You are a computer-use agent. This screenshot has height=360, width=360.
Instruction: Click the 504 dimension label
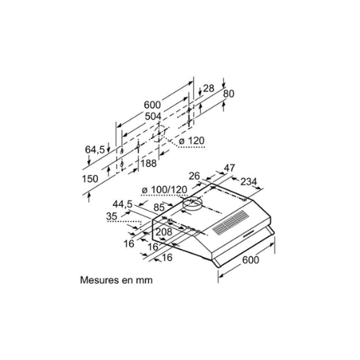[153, 116]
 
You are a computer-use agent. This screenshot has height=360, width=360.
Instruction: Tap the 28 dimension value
[209, 89]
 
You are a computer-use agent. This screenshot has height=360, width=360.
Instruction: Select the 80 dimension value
[228, 94]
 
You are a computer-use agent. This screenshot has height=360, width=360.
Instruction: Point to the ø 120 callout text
[192, 141]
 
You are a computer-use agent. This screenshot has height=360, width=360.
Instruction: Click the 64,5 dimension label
[95, 150]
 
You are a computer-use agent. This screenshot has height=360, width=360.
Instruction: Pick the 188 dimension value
[148, 163]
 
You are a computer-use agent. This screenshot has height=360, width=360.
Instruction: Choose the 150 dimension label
[90, 179]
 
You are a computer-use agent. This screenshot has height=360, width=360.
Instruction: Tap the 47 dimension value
[229, 168]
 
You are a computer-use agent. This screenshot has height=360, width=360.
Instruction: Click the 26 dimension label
[194, 176]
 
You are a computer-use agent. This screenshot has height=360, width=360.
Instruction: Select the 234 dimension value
[249, 181]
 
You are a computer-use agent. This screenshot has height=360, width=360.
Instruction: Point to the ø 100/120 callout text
[164, 190]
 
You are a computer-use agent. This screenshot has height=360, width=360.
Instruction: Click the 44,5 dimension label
[122, 204]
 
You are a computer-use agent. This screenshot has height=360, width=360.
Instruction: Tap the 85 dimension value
[159, 207]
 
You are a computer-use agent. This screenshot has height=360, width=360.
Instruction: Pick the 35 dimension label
[112, 216]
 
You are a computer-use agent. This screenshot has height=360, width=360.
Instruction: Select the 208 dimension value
[164, 232]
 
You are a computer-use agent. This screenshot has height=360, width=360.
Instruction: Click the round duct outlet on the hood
[192, 204]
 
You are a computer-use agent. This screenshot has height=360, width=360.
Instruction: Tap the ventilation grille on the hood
[230, 222]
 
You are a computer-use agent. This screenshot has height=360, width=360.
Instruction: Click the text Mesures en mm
[117, 280]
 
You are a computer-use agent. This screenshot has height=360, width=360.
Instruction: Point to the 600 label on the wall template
[153, 105]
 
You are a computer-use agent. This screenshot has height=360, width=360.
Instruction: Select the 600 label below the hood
[251, 260]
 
